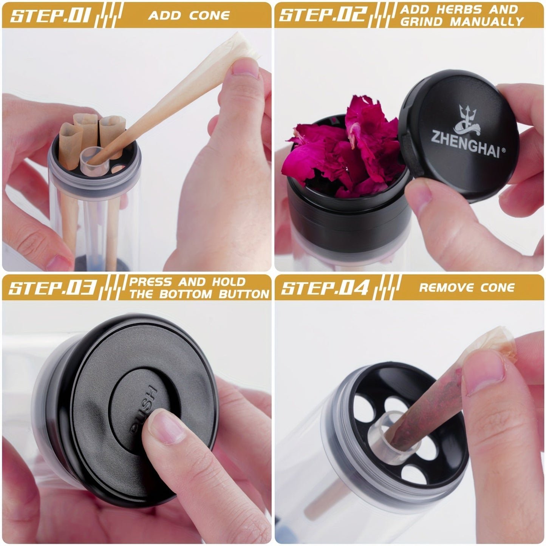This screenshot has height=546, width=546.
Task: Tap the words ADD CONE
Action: point(189,15)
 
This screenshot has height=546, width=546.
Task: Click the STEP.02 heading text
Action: point(323,15)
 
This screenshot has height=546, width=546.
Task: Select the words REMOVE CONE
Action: point(467,288)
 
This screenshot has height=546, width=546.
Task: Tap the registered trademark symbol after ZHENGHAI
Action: point(503,150)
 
